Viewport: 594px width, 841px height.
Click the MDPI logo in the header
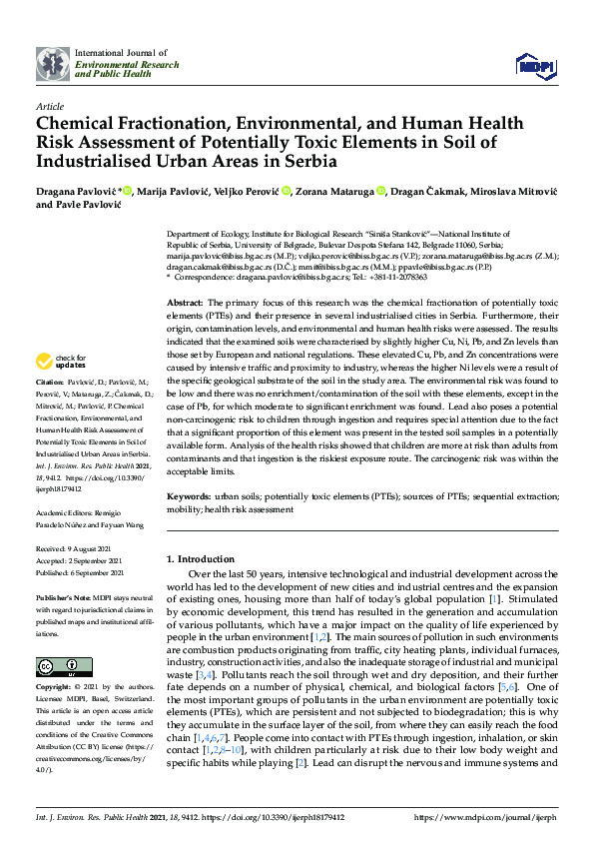point(536,64)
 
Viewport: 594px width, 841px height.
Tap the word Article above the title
point(49,105)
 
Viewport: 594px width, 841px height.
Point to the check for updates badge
point(60,361)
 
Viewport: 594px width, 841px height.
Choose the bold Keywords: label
point(189,496)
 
